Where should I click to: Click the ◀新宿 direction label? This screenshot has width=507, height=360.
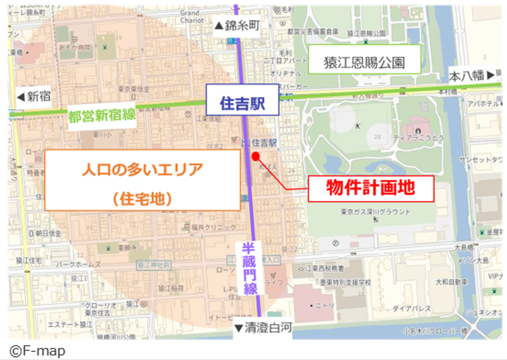pos(34,96)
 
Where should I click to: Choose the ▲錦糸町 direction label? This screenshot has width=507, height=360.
pos(236,25)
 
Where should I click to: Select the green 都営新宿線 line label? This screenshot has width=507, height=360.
pos(102,115)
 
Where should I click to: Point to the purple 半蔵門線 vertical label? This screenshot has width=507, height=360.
pos(250,268)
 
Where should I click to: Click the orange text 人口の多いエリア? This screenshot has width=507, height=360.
pos(142,169)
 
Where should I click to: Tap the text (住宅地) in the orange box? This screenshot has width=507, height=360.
pos(142,198)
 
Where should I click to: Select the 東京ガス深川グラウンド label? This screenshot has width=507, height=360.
pos(376,212)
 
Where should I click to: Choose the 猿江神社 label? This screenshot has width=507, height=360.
pos(154,265)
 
